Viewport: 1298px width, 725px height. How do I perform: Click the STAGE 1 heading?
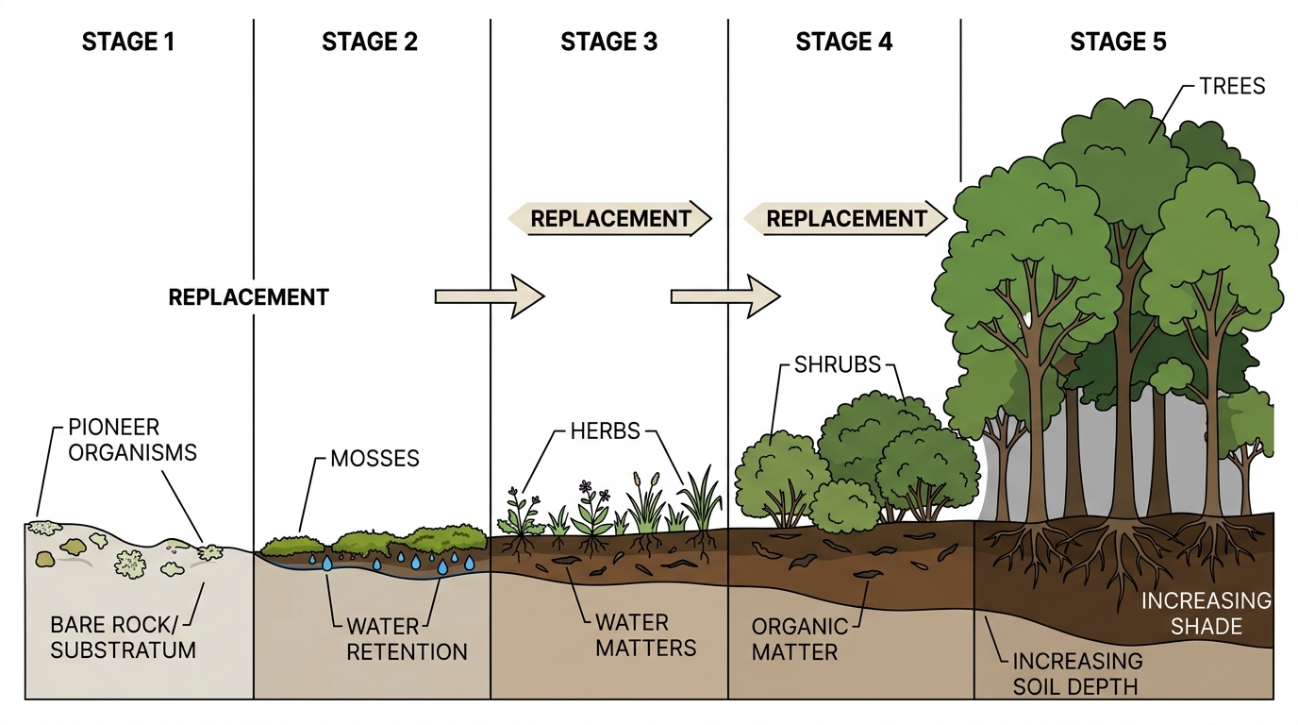coord(128,42)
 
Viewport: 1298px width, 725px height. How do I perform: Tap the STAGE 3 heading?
coord(609,42)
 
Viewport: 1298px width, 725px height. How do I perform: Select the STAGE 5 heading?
coord(1118,42)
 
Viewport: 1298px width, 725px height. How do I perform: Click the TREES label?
coord(1232,86)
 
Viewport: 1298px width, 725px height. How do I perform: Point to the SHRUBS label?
coord(838,364)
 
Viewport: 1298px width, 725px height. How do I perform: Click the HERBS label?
coord(605,430)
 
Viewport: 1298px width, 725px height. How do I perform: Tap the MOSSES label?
coord(374,459)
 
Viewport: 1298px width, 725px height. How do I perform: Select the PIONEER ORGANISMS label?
coord(132,440)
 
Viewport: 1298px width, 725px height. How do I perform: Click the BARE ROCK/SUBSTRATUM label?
coord(123,637)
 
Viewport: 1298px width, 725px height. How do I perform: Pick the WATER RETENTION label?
coord(407,639)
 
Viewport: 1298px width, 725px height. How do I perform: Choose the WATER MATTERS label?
coord(645,635)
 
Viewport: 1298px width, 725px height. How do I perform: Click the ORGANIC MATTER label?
coord(800,639)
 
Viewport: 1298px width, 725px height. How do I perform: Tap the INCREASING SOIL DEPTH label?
coord(1077,673)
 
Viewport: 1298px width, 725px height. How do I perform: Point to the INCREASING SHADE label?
coord(1206,614)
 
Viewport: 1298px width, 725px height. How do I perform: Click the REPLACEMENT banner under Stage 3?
coord(609,219)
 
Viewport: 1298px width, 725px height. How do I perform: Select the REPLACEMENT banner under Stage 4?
coord(845,219)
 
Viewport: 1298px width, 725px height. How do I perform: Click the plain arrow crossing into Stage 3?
coord(490,296)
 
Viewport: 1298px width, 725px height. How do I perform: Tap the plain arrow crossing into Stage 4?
coord(725,296)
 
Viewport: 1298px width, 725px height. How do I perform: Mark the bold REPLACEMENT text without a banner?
coord(249,297)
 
